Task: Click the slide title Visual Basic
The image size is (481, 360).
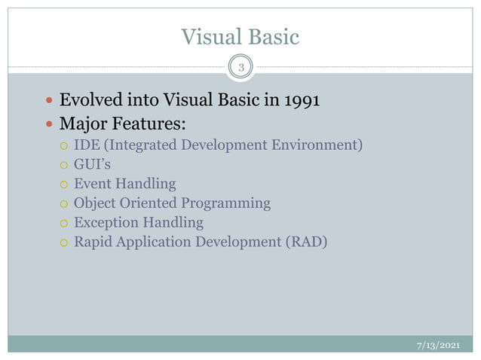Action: (x=240, y=37)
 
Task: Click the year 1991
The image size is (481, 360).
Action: (x=302, y=100)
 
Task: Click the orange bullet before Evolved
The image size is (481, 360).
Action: (x=50, y=101)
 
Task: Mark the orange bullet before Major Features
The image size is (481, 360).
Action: (x=50, y=123)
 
